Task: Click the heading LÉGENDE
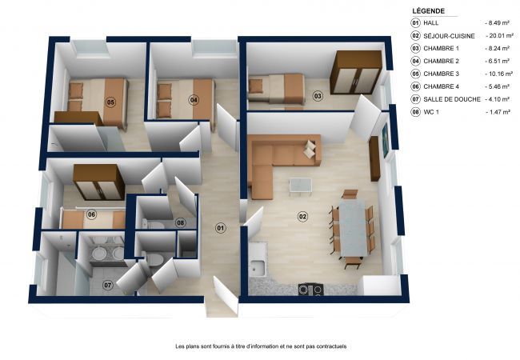click(x=430, y=10)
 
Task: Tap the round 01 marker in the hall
click(x=220, y=227)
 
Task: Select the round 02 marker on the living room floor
click(x=302, y=216)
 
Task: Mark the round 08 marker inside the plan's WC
click(x=180, y=222)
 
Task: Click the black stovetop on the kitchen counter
click(x=310, y=289)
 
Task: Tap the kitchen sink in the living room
click(x=258, y=268)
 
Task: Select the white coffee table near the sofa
click(x=300, y=186)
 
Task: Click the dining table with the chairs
click(x=352, y=227)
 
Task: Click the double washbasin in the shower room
click(x=106, y=253)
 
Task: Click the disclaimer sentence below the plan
click(x=261, y=346)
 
